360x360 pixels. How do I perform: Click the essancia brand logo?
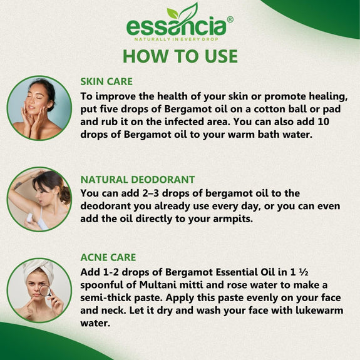click(180, 22)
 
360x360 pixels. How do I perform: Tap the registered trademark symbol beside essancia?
click(230, 19)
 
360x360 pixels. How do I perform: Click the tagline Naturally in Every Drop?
click(177, 39)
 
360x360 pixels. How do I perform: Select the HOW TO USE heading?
click(180, 56)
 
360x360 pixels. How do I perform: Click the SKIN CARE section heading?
click(106, 81)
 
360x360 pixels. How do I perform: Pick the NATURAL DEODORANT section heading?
click(138, 180)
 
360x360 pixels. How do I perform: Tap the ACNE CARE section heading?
click(108, 257)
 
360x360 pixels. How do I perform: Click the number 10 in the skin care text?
click(324, 121)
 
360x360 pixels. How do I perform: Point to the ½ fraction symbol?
click(304, 272)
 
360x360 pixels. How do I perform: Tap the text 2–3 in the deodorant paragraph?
click(150, 193)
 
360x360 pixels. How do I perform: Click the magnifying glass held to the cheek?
click(45, 291)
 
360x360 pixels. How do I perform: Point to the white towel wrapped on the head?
click(39, 269)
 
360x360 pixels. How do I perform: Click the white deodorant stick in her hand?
click(29, 218)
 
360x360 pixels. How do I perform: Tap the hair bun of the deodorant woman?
click(66, 194)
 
